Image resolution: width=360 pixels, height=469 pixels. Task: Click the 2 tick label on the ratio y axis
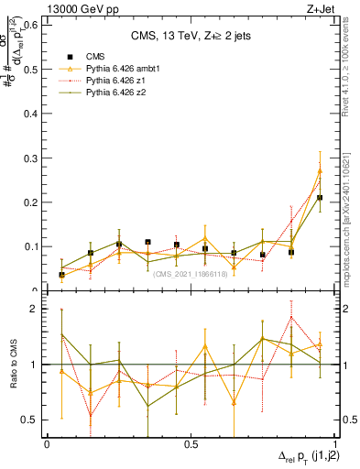point(36,309)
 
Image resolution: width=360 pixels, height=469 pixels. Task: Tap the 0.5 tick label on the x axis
point(191,442)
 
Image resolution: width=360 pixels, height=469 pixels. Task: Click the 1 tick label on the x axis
point(333,442)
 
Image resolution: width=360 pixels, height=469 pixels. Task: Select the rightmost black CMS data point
point(320,197)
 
